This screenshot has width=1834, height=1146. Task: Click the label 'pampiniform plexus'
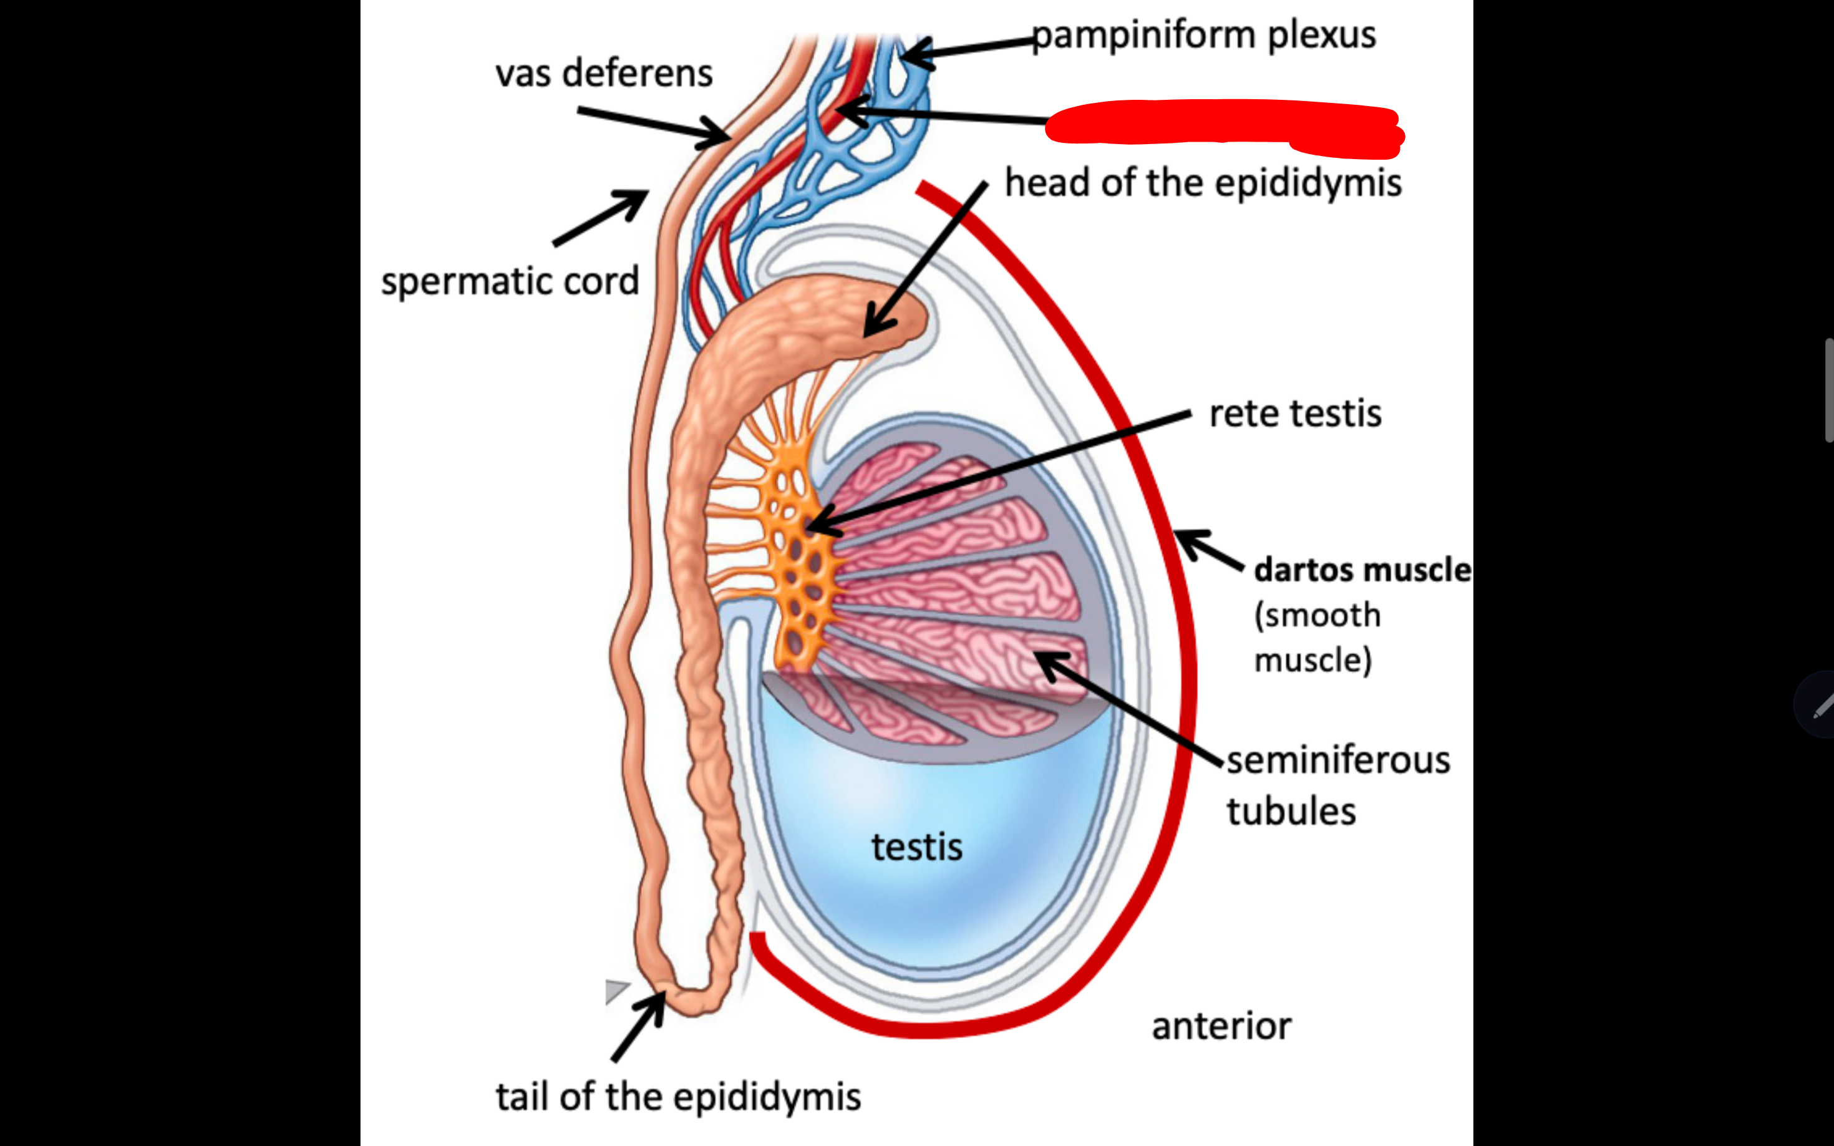pyautogui.click(x=1203, y=36)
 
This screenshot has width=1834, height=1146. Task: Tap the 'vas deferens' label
pyautogui.click(x=604, y=74)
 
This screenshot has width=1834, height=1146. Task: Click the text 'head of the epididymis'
pyautogui.click(x=1203, y=183)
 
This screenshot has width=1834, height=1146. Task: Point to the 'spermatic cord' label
pyautogui.click(x=510, y=281)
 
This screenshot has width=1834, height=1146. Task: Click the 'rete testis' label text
pyautogui.click(x=1295, y=414)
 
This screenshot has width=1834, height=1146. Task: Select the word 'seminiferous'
pyautogui.click(x=1338, y=760)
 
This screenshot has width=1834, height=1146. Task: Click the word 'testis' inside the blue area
pyautogui.click(x=916, y=847)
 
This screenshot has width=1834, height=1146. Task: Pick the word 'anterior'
pyautogui.click(x=1221, y=1026)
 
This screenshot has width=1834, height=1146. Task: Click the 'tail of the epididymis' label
pyautogui.click(x=678, y=1097)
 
